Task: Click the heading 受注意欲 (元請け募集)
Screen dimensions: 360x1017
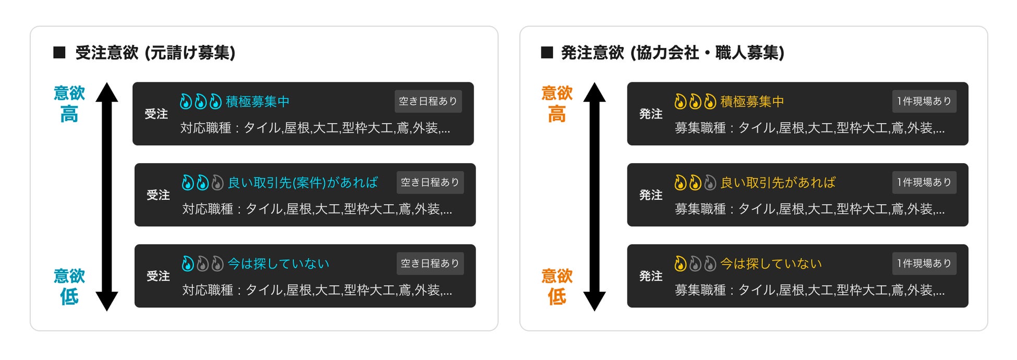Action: (x=155, y=53)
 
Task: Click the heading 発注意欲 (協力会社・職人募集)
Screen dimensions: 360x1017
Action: (x=672, y=53)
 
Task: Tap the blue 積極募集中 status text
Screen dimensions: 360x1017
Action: (x=257, y=101)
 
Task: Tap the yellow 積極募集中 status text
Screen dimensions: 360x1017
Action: (x=752, y=101)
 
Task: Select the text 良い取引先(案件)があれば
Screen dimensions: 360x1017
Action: (x=302, y=183)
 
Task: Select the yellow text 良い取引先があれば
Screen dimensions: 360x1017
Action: (x=778, y=183)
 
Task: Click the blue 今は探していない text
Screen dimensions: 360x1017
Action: (x=279, y=263)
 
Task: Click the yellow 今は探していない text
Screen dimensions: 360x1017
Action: (x=771, y=263)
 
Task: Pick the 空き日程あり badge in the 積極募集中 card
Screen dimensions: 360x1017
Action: (x=428, y=101)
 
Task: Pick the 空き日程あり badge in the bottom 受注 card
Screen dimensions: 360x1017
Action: (x=430, y=263)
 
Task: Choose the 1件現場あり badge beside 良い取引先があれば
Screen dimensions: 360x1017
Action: (x=924, y=183)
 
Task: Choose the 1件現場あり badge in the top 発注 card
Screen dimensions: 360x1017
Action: (x=924, y=101)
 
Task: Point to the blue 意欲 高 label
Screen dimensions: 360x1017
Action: (x=69, y=103)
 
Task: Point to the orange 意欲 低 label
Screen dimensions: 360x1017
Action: (x=556, y=286)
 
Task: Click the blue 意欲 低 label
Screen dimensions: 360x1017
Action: (x=69, y=286)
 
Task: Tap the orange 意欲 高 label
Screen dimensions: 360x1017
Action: (x=556, y=103)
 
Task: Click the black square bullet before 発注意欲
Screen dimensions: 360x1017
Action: (x=547, y=53)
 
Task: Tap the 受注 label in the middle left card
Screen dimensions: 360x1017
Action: (x=158, y=195)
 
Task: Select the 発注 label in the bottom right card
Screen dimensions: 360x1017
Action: (x=650, y=276)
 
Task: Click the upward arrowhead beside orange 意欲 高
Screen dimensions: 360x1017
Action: (x=594, y=92)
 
